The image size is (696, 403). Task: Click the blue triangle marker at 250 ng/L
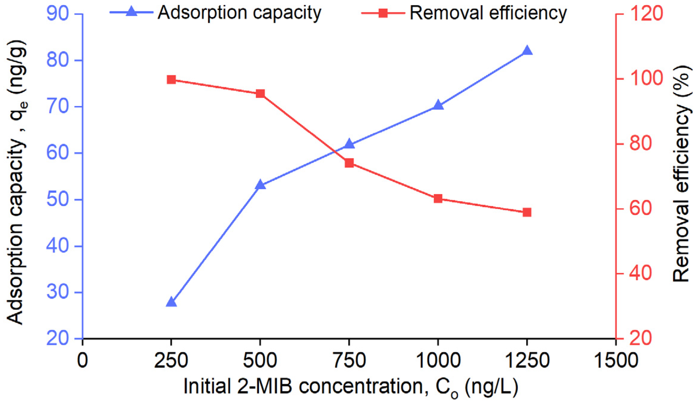tap(171, 302)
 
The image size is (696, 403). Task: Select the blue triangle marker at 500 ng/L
tap(260, 185)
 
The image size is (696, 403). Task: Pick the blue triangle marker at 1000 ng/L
tap(438, 105)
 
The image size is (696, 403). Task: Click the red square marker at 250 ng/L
tap(171, 80)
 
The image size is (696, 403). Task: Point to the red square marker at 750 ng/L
tap(349, 163)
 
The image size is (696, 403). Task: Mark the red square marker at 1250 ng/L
tap(527, 212)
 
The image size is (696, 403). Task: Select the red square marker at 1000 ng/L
tap(438, 199)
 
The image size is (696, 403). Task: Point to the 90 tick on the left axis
tap(58, 14)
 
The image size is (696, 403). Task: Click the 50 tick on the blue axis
tap(58, 200)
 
